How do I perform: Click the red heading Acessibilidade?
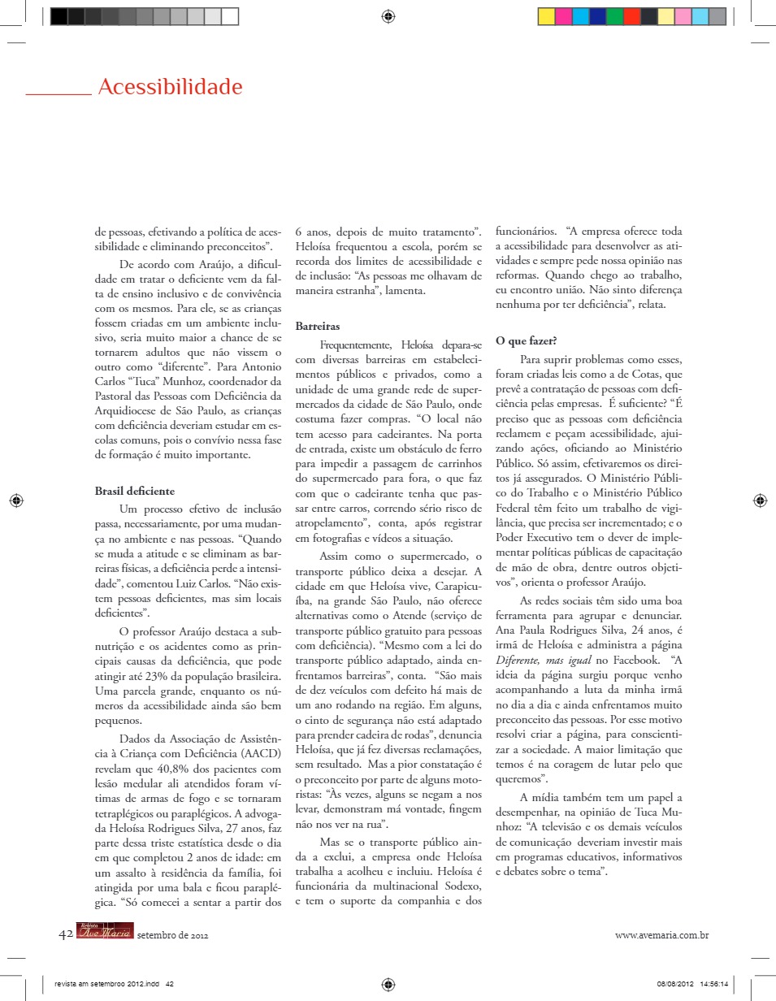click(170, 87)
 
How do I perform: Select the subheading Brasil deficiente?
click(134, 491)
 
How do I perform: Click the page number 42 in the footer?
click(66, 935)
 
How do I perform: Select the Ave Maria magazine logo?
click(105, 934)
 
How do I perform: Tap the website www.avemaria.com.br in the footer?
click(662, 935)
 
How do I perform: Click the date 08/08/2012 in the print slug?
click(675, 984)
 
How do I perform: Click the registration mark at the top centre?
click(388, 15)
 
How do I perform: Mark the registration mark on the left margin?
click(15, 500)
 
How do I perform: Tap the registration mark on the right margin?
click(760, 500)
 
